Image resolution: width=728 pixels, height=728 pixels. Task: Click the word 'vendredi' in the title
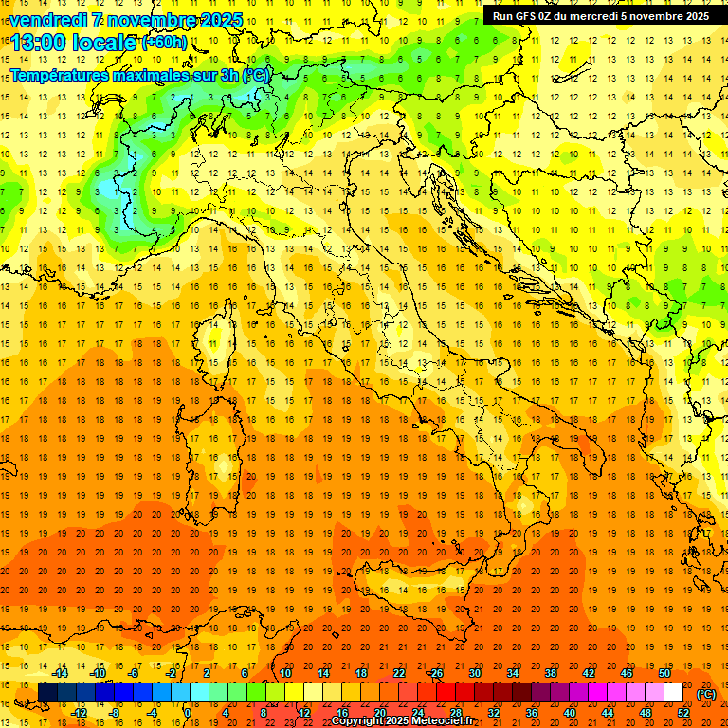pyautogui.click(x=47, y=20)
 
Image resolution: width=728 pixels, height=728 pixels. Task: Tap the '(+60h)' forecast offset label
pyautogui.click(x=164, y=42)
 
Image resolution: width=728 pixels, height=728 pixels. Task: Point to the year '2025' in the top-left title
pyautogui.click(x=220, y=20)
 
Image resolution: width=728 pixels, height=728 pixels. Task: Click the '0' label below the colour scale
pyautogui.click(x=188, y=713)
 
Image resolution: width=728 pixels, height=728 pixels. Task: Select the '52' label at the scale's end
pyautogui.click(x=683, y=713)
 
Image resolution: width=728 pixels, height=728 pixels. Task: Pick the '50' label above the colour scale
pyautogui.click(x=664, y=673)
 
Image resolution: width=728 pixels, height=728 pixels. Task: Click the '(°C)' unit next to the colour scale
pyautogui.click(x=706, y=694)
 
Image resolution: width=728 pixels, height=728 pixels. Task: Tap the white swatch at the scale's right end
pyautogui.click(x=673, y=693)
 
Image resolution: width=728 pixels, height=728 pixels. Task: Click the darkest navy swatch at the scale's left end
pyautogui.click(x=47, y=693)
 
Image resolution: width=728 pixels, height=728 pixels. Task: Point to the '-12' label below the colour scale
pyautogui.click(x=79, y=713)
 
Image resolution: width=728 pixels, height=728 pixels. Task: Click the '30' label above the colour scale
pyautogui.click(x=474, y=673)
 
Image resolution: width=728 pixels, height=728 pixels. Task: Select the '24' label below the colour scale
pyautogui.click(x=417, y=713)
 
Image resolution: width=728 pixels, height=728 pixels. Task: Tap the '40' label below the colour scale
pyautogui.click(x=570, y=713)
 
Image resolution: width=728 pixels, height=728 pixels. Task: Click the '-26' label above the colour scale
pyautogui.click(x=435, y=673)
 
